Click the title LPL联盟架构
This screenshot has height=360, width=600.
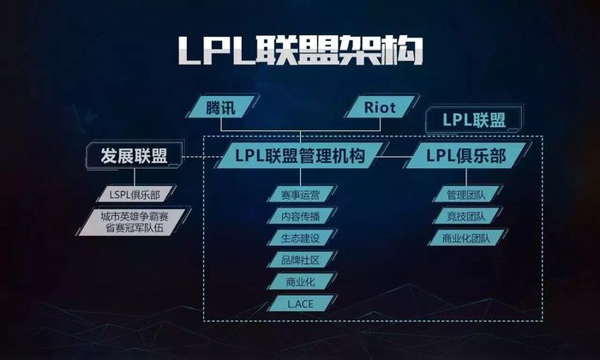[x=301, y=51]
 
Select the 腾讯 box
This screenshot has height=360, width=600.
[x=221, y=107]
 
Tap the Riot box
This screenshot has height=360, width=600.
[x=380, y=107]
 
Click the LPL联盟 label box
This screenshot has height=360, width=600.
[x=474, y=120]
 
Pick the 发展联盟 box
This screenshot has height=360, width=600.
[x=134, y=156]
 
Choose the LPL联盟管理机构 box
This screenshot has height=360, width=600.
[x=300, y=156]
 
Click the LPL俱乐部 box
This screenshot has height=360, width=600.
[x=466, y=156]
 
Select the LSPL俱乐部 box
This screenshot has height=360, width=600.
[x=135, y=195]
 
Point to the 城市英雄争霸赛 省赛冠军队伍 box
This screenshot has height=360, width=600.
[x=135, y=222]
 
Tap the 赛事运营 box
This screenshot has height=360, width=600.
[x=301, y=195]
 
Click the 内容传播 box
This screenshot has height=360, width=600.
[x=301, y=216]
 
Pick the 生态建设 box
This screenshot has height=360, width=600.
[x=301, y=238]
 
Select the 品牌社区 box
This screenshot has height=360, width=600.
[x=301, y=261]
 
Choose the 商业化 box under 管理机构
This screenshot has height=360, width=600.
[x=301, y=282]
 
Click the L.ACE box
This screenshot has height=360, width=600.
[x=301, y=303]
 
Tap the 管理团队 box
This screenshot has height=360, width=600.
[x=466, y=195]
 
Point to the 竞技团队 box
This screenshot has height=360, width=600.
[x=466, y=216]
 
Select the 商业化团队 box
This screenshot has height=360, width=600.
[x=466, y=238]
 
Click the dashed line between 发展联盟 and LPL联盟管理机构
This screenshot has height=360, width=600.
[x=203, y=157]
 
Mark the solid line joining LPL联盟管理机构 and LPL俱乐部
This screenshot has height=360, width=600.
[x=394, y=157]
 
